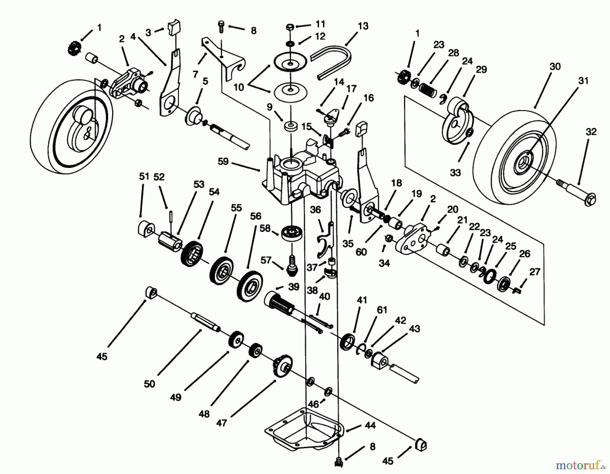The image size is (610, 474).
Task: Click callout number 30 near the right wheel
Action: pyautogui.click(x=555, y=67)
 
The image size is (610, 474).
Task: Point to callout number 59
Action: pyautogui.click(x=223, y=161)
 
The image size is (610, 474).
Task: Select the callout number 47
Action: pyautogui.click(x=221, y=423)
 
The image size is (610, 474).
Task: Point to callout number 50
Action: pyautogui.click(x=149, y=384)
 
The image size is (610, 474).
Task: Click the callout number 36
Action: pyautogui.click(x=315, y=210)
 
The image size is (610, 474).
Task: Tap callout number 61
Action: pyautogui.click(x=382, y=310)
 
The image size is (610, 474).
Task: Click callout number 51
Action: pyautogui.click(x=144, y=176)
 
